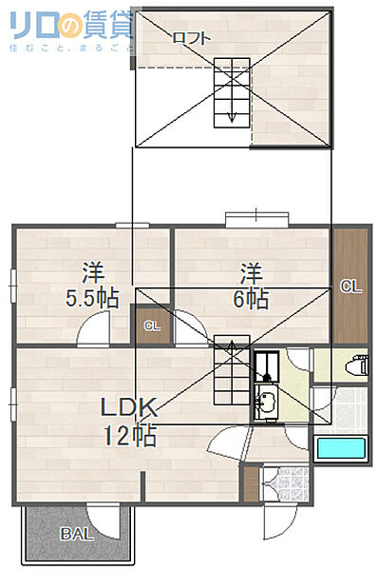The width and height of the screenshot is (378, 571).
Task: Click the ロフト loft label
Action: pyautogui.click(x=192, y=38)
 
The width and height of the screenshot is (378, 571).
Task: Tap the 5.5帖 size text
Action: pyautogui.click(x=92, y=298)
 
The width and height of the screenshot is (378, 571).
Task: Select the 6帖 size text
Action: pyautogui.click(x=251, y=299)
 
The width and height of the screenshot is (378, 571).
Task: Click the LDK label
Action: pyautogui.click(x=128, y=407)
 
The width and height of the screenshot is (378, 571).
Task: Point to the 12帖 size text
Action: pyautogui.click(x=130, y=435)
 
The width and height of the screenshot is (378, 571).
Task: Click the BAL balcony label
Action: pyautogui.click(x=77, y=534)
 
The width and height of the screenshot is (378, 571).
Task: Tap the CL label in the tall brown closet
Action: pyautogui.click(x=350, y=286)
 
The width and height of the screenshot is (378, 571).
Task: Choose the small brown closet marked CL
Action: pyautogui.click(x=153, y=325)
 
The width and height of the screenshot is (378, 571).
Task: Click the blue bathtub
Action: pyautogui.click(x=341, y=448)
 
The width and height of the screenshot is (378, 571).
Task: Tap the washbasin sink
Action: pyautogui.click(x=267, y=402)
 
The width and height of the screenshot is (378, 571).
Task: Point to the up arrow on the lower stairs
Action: pyautogui.click(x=232, y=346)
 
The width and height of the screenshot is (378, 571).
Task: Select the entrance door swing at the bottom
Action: pyautogui.click(x=279, y=522)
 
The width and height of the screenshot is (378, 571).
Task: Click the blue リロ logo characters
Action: pyautogui.click(x=34, y=26)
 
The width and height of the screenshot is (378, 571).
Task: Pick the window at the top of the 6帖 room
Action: pyautogui.click(x=257, y=220)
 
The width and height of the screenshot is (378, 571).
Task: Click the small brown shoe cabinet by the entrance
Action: pyautogui.click(x=251, y=484)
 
